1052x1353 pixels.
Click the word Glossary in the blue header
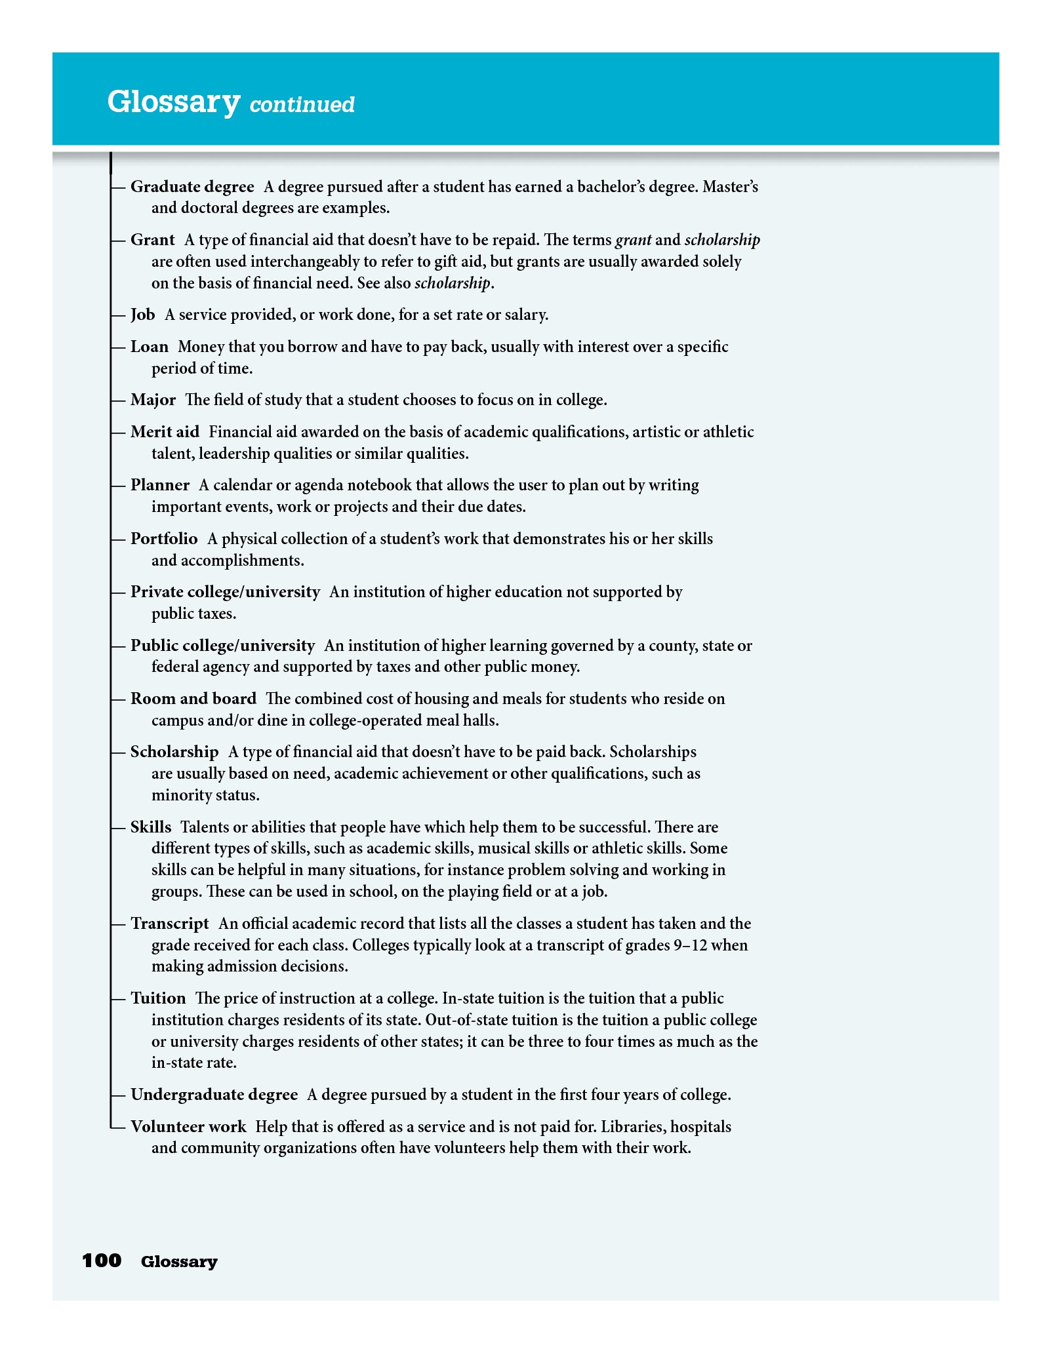click(x=174, y=102)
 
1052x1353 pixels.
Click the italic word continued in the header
click(x=302, y=105)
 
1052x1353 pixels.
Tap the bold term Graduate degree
click(x=192, y=187)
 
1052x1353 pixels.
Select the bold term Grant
click(x=153, y=240)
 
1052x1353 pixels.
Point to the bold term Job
click(x=142, y=315)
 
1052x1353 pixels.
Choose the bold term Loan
click(x=150, y=347)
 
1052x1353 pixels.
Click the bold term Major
click(x=153, y=400)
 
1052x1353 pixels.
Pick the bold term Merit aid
click(x=165, y=432)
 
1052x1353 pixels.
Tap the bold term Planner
click(x=160, y=485)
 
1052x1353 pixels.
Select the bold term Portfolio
click(x=164, y=539)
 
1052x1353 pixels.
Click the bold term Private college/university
click(x=225, y=592)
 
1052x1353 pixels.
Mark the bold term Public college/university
click(x=222, y=646)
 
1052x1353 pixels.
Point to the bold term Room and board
click(x=193, y=699)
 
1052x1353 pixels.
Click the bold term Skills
click(x=151, y=827)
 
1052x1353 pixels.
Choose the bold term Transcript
click(x=170, y=924)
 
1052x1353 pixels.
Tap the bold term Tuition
click(x=158, y=998)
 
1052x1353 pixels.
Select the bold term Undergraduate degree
click(x=214, y=1095)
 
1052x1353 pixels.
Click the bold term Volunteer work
click(x=188, y=1127)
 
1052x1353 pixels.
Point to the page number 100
click(x=102, y=1261)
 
